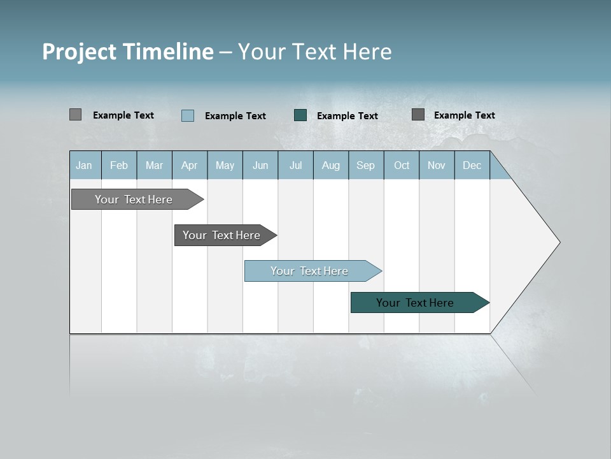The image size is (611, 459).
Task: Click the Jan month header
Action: coord(84,165)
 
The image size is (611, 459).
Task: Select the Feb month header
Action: coord(119,165)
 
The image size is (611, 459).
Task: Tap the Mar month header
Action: coord(154,165)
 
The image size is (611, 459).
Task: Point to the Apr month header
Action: coord(190,165)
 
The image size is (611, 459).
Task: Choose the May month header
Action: coord(225,165)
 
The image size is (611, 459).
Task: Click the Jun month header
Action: coord(260,165)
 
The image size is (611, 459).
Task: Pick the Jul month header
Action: coord(295,165)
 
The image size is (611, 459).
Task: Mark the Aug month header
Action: coord(331,165)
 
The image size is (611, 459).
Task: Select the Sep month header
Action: coord(366,165)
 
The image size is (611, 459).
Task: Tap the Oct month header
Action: coord(402,165)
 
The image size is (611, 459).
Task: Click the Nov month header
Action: coord(437,165)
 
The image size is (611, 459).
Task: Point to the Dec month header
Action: coord(472,165)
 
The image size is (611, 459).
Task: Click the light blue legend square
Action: coord(188,115)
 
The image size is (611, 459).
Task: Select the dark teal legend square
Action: coord(300,115)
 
